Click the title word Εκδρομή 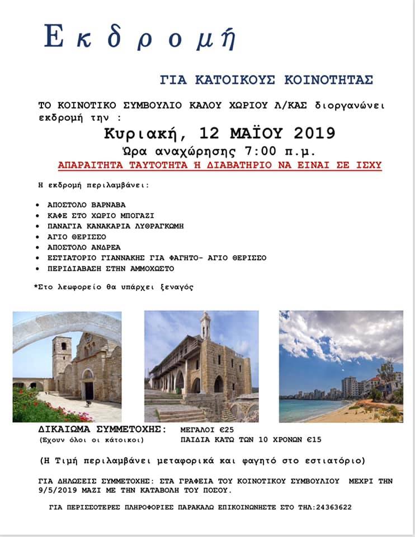pyautogui.click(x=140, y=39)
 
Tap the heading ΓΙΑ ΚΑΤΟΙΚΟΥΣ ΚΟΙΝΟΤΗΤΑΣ pyautogui.click(x=266, y=79)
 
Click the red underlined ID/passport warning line pyautogui.click(x=220, y=165)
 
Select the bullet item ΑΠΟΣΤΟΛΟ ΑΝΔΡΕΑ pyautogui.click(x=84, y=247)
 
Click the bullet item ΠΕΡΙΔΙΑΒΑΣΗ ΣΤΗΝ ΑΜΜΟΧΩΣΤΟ pyautogui.click(x=111, y=268)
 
